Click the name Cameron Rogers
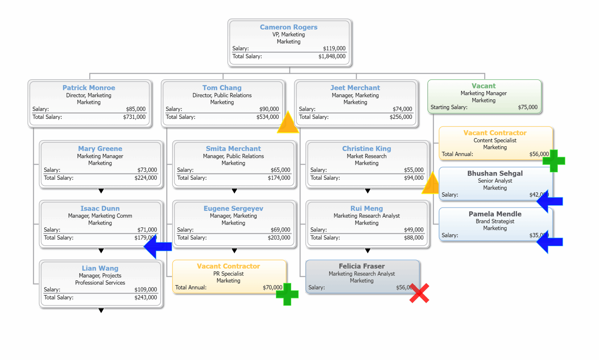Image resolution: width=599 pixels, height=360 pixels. pyautogui.click(x=288, y=27)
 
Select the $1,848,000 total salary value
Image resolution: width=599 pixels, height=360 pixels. pyautogui.click(x=332, y=56)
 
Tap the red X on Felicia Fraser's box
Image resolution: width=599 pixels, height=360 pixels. pyautogui.click(x=419, y=293)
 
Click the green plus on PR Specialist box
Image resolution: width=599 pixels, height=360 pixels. pyautogui.click(x=287, y=294)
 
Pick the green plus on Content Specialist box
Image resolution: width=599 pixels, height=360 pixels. pyautogui.click(x=554, y=161)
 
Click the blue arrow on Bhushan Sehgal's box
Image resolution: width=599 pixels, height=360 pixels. pyautogui.click(x=550, y=201)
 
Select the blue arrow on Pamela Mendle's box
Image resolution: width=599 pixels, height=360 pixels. pyautogui.click(x=550, y=242)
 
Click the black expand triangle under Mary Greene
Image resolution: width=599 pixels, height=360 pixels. pyautogui.click(x=101, y=191)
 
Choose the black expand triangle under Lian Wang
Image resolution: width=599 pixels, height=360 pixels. pyautogui.click(x=101, y=310)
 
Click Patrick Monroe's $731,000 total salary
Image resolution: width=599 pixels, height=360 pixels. pyautogui.click(x=134, y=117)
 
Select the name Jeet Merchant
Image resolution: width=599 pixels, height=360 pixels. pyautogui.click(x=355, y=88)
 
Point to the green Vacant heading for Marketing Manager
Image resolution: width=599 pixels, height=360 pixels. pyautogui.click(x=483, y=86)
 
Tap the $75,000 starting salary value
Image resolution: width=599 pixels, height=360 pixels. pyautogui.click(x=528, y=107)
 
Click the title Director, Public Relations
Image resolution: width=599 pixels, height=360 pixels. pyautogui.click(x=222, y=95)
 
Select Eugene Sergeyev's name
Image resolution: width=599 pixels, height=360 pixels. pyautogui.click(x=233, y=208)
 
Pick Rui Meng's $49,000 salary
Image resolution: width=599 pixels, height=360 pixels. pyautogui.click(x=414, y=230)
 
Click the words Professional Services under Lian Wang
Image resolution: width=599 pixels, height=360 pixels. pyautogui.click(x=100, y=283)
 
